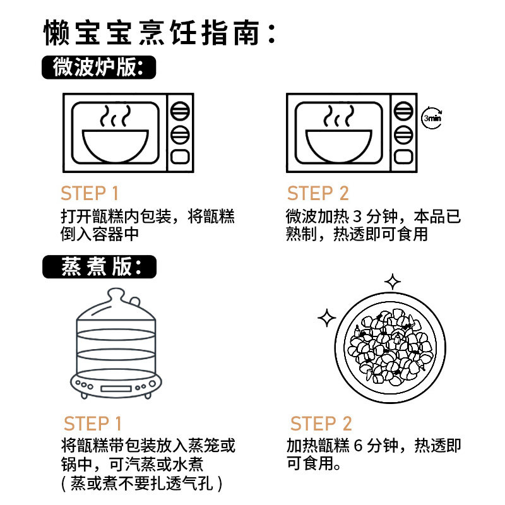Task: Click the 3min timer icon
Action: pos(432,118)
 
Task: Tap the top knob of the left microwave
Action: pos(181,111)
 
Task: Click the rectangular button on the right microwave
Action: pos(403,156)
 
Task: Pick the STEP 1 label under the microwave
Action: pos(90,193)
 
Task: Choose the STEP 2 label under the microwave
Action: pos(318,193)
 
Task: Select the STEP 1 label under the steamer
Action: pos(93,424)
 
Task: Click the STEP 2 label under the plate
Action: pos(321,424)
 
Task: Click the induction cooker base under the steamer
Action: pos(116,384)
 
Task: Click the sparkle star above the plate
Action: pos(393,281)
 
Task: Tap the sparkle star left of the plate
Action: pos(327,318)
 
